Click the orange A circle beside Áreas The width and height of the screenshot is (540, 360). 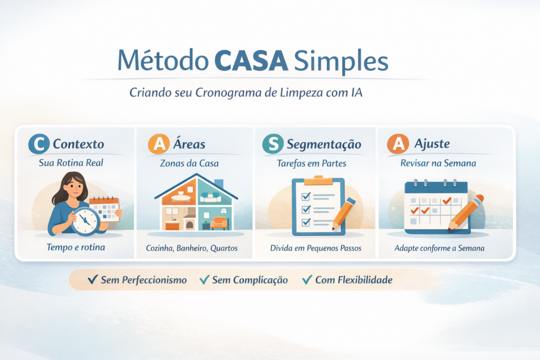[x=159, y=144]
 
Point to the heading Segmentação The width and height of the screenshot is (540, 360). [x=324, y=144]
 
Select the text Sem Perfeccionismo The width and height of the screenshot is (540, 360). [x=143, y=280]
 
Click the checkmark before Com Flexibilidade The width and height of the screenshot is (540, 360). [x=306, y=280]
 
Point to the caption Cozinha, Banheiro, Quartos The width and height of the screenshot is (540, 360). [x=191, y=248]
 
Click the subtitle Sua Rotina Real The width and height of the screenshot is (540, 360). [x=71, y=163]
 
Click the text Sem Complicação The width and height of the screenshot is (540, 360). [x=250, y=280]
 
